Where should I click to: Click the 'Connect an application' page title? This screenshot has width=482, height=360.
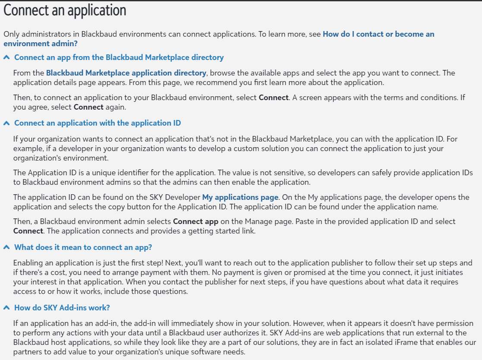point(65,10)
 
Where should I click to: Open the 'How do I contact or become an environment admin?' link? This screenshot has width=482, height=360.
point(378,34)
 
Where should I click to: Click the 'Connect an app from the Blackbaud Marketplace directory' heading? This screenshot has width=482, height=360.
point(119,57)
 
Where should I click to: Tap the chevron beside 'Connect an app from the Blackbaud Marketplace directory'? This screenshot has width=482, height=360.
point(6,57)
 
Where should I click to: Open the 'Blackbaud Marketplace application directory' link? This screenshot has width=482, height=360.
point(126,73)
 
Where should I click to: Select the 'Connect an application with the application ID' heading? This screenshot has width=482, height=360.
point(98,123)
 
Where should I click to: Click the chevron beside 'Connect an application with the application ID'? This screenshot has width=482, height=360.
point(6,123)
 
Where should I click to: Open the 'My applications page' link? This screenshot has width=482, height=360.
point(240,197)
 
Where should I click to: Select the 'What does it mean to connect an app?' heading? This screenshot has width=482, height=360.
point(83,247)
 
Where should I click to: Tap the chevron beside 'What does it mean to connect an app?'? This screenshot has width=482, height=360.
point(6,247)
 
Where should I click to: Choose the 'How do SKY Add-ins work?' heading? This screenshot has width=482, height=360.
point(62,308)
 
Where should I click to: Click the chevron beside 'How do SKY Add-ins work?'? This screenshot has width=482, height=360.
point(6,308)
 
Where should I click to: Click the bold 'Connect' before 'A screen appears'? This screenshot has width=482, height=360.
point(273,98)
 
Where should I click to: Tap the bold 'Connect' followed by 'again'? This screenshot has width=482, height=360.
point(88,107)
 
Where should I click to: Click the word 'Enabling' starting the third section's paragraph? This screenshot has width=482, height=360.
point(28,263)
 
